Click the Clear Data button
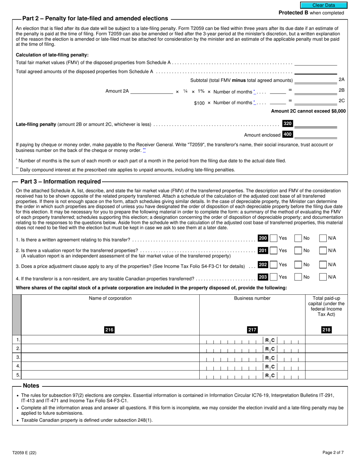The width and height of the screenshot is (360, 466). click(324, 5)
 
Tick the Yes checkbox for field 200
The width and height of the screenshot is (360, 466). click(274, 238)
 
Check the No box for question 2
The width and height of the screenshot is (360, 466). click(298, 250)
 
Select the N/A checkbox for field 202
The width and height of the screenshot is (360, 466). click(323, 265)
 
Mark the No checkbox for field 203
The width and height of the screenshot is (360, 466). click(298, 277)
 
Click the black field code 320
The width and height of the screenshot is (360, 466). click(288, 124)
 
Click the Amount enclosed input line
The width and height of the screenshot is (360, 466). click(315, 135)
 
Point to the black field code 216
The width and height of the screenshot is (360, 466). click(109, 330)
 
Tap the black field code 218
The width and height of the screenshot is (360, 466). click(326, 330)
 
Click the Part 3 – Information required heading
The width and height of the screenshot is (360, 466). click(61, 181)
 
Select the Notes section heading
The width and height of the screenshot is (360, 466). click(31, 386)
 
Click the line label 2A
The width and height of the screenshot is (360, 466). click(341, 80)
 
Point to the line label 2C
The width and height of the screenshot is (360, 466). click(341, 101)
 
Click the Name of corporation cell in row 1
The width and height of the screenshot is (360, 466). click(110, 340)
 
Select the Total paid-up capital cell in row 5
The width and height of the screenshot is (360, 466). click(326, 375)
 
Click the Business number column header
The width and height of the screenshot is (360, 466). click(252, 298)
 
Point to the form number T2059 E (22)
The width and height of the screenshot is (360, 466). click(24, 452)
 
